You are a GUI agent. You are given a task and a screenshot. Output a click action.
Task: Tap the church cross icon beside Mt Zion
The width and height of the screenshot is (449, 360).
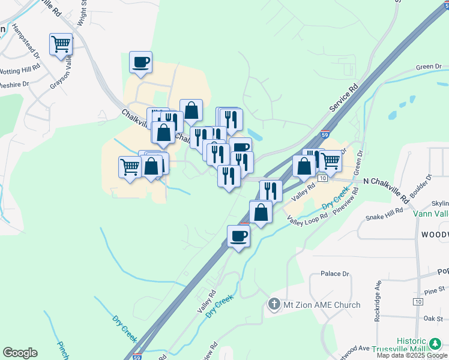[274, 305]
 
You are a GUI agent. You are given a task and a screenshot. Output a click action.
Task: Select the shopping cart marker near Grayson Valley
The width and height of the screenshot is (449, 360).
[61, 45]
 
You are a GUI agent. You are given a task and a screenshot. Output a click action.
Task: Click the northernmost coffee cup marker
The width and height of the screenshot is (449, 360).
[140, 62]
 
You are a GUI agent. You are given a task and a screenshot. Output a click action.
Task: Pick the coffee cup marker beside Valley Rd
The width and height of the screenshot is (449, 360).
[238, 236]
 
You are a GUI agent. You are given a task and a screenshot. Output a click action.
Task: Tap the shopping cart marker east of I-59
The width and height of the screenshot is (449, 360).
[331, 160]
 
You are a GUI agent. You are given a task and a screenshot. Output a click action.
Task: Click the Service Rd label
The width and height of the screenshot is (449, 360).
[343, 97]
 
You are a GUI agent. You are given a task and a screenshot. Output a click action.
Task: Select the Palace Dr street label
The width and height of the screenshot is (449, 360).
[335, 274]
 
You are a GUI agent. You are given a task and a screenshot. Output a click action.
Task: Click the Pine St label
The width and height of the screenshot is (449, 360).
[433, 291]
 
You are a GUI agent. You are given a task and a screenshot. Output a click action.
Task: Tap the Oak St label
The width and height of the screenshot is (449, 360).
[432, 318]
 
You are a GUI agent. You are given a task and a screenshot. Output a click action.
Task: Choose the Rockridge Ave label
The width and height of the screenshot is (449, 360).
[378, 301]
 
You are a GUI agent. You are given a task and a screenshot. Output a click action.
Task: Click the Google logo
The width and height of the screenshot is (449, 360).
[20, 353]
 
